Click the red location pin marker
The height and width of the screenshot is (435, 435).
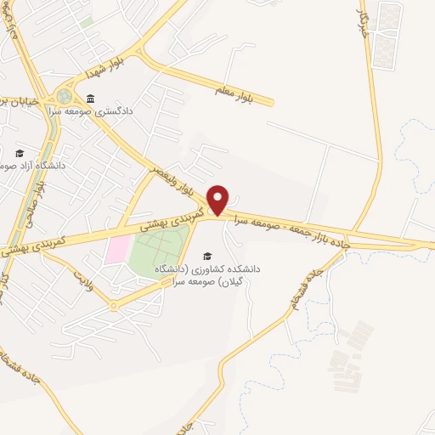(219, 199)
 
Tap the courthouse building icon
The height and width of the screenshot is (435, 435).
(89, 99)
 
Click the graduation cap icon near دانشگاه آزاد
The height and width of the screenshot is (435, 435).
(20, 154)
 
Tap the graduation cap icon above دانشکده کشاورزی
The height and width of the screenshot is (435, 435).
(206, 256)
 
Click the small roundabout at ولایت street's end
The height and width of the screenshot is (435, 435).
(114, 304)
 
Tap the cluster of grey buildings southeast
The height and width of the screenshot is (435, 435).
(350, 357)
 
